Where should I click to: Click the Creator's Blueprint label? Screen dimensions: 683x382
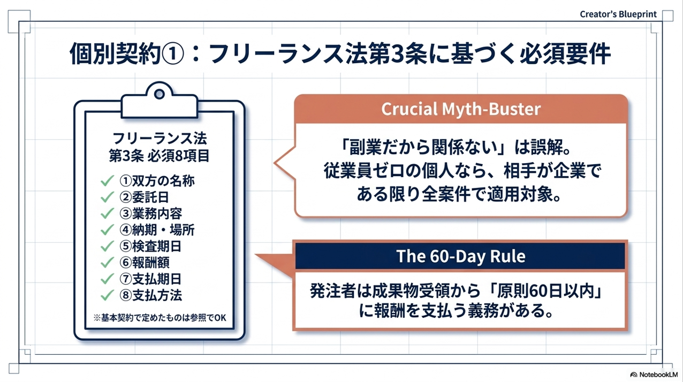point(618,14)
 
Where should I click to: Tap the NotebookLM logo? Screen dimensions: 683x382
point(654,375)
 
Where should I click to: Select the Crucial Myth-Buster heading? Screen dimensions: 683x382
point(461,109)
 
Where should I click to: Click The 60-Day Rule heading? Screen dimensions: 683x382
point(461,256)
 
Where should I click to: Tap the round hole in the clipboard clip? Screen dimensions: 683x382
point(159,94)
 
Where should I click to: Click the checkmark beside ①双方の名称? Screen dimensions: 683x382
point(107,181)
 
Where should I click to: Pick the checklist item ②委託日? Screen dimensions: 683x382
point(144,197)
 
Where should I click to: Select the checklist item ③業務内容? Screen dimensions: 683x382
point(150,213)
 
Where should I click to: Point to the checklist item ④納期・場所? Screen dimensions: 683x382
point(157,230)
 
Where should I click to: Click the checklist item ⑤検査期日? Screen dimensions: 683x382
point(150,246)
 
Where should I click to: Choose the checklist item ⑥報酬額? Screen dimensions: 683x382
point(144,263)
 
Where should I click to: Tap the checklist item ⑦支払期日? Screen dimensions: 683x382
point(150,279)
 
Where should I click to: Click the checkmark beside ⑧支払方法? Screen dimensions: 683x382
point(107,295)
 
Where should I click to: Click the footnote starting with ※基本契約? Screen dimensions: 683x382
point(160,318)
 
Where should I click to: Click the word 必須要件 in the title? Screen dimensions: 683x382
point(565,54)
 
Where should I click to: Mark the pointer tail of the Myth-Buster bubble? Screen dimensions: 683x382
point(274,163)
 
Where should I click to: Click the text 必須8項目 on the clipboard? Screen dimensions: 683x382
point(179,156)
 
